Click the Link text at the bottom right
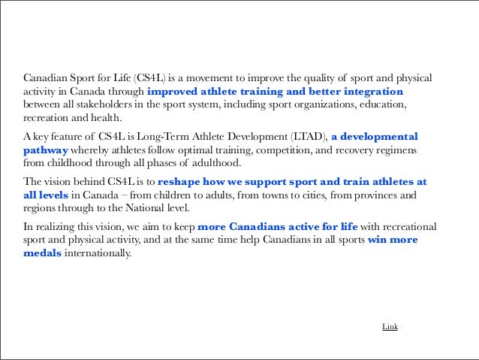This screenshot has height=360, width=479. [x=390, y=327]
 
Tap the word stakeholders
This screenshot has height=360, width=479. [x=98, y=105]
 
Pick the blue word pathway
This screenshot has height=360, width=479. [x=46, y=150]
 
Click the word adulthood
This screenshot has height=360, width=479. [x=215, y=163]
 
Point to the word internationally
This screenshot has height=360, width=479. [x=99, y=253]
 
